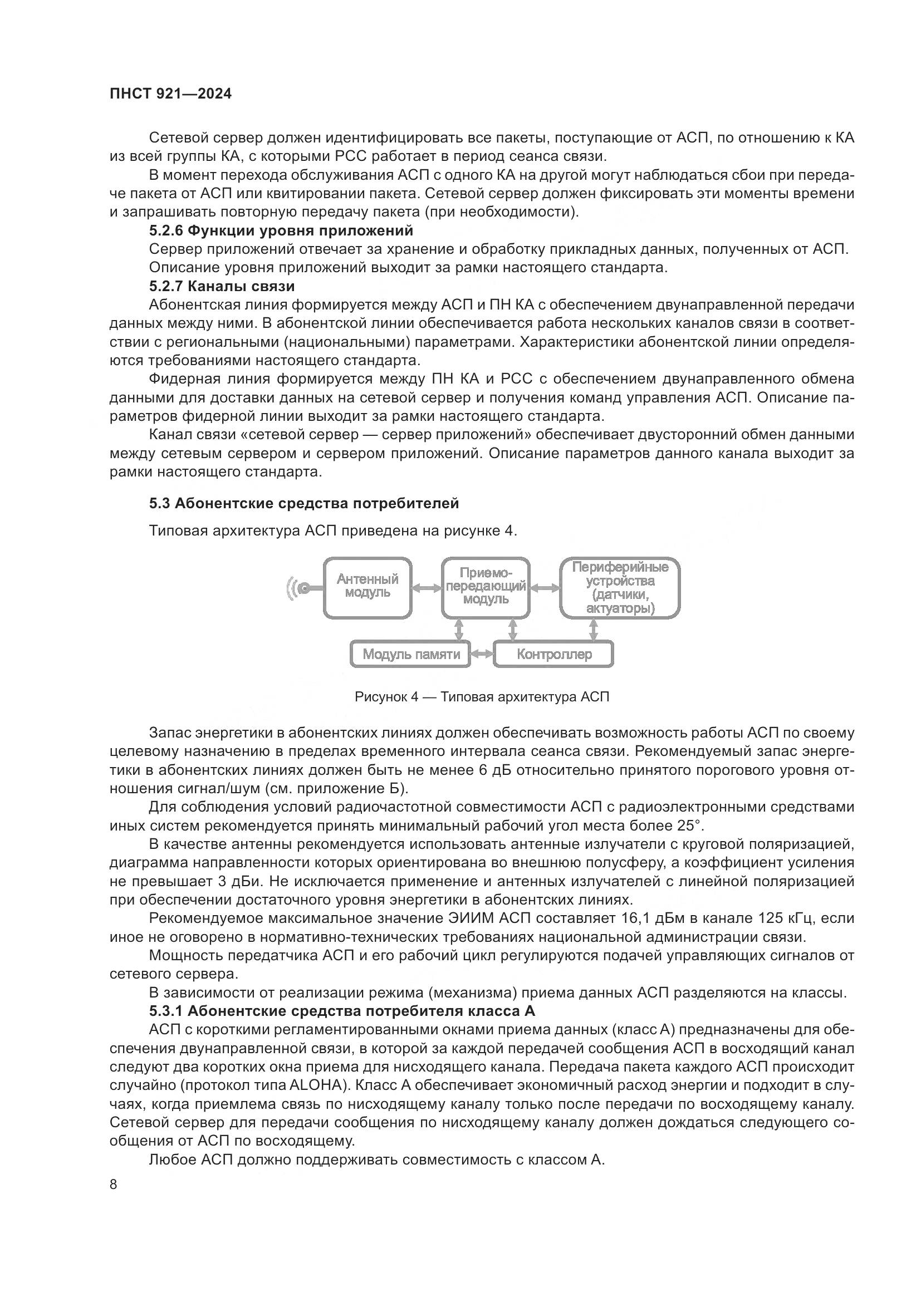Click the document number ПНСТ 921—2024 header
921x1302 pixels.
coord(171,94)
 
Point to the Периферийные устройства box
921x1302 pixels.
coord(620,587)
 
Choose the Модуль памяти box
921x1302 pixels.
coord(410,655)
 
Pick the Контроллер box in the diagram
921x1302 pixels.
coord(553,655)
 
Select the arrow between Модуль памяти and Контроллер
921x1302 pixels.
coord(482,655)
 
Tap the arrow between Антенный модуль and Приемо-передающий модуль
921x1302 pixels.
coord(427,588)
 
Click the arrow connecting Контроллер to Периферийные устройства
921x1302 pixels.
coord(594,629)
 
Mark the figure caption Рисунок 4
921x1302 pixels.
coord(482,697)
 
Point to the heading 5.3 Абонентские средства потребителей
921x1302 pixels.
coord(304,503)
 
